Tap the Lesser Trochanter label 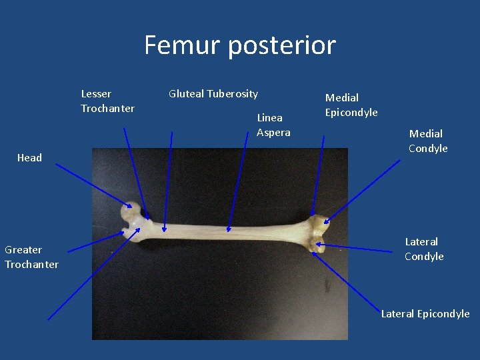[107, 101]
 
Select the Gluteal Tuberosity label [213, 94]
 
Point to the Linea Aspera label [273, 125]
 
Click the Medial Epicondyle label [351, 105]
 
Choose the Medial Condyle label [428, 141]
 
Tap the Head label [29, 158]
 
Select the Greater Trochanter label [31, 257]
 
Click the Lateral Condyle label [424, 249]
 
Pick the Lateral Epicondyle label [425, 313]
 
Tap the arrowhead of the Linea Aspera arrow [228, 229]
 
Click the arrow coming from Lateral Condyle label [353, 247]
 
